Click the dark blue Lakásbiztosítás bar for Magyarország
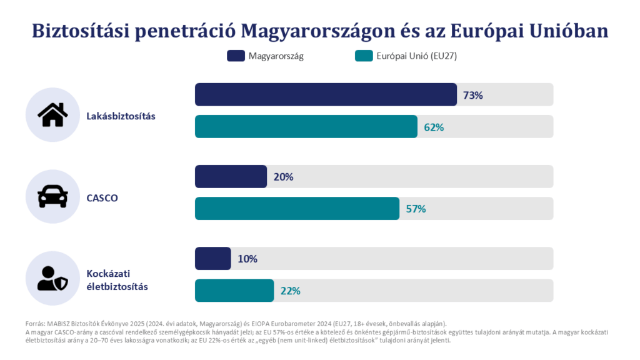tap(326, 95)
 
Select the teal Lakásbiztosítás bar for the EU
tap(306, 126)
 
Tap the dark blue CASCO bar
tap(231, 176)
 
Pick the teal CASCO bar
tap(297, 209)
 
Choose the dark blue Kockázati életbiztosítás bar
tap(213, 258)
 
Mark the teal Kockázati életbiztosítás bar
tap(234, 291)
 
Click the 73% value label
tap(472, 95)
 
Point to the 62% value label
tap(434, 127)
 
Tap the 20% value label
tap(283, 177)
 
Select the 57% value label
tap(416, 209)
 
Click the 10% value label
tap(247, 259)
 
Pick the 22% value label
tap(290, 291)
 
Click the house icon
tap(52, 115)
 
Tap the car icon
tap(52, 196)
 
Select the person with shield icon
tap(52, 278)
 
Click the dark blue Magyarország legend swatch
tap(236, 56)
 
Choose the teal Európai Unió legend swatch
tap(364, 56)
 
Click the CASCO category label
tap(102, 198)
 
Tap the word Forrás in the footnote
tap(35, 324)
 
